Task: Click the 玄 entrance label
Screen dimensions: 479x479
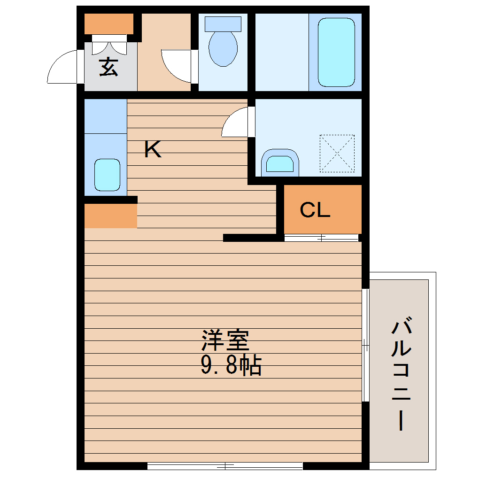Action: (108, 67)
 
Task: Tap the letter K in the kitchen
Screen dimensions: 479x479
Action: (153, 150)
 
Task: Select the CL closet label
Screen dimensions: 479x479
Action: (315, 210)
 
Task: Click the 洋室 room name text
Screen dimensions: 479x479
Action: (225, 341)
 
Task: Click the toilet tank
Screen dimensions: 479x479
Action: (223, 23)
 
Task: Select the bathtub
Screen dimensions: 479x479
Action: (336, 52)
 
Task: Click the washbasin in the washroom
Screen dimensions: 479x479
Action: (280, 162)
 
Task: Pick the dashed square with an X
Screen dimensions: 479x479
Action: (337, 153)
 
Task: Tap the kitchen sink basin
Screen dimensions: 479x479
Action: (108, 175)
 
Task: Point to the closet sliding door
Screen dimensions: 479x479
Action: (322, 238)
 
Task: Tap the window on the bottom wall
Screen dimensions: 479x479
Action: (225, 466)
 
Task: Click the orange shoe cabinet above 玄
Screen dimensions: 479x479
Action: (109, 24)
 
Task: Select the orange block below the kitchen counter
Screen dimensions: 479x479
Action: (110, 216)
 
